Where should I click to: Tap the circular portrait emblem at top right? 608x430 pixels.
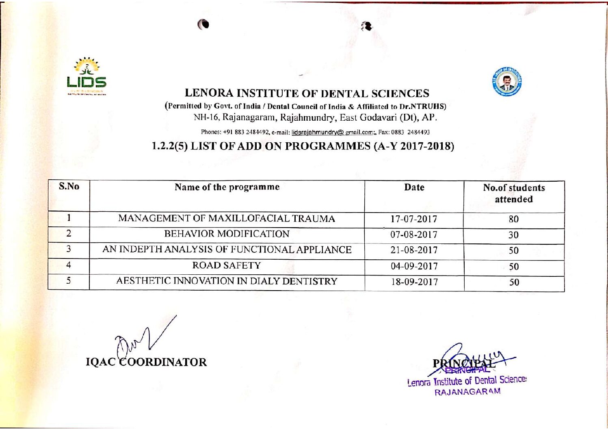(x=506, y=82)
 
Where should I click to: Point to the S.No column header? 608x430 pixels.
(x=69, y=187)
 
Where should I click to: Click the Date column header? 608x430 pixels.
(x=414, y=187)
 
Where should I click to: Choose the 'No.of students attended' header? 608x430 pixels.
(x=514, y=193)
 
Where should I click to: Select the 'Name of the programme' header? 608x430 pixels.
(x=227, y=187)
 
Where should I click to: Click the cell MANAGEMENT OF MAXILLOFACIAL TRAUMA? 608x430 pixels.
(x=227, y=219)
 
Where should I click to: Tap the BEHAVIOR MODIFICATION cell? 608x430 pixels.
(x=227, y=234)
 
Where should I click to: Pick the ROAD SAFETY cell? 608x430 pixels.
(x=227, y=265)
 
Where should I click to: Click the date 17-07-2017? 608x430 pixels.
(x=414, y=219)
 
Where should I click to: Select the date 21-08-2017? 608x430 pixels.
(x=414, y=250)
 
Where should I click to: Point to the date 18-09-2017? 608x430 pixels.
(x=414, y=282)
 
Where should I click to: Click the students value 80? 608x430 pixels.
(x=514, y=219)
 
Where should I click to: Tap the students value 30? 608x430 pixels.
(x=514, y=235)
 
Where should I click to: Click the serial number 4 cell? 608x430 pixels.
(x=69, y=265)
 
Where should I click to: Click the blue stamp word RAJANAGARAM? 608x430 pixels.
(x=467, y=392)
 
